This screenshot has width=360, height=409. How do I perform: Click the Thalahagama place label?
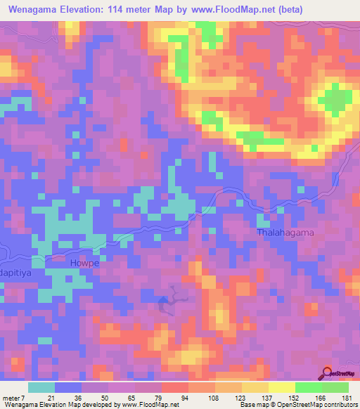click(285, 232)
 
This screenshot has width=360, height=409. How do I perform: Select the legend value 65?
click(128, 397)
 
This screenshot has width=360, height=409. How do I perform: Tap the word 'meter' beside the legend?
click(13, 397)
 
